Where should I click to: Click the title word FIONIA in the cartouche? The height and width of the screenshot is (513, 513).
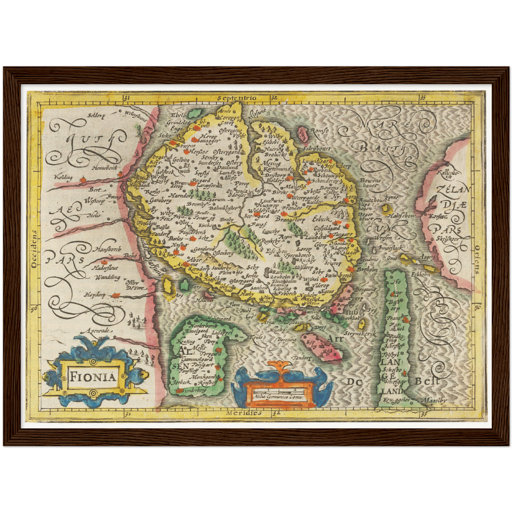93,376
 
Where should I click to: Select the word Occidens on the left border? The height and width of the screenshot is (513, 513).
34,249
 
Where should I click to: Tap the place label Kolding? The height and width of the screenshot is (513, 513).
63,177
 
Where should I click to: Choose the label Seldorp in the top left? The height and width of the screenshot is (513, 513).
97,115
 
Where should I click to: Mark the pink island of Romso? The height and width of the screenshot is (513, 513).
302,133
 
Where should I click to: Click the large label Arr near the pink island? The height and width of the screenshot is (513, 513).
335,339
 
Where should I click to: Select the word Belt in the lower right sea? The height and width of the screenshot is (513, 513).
427,382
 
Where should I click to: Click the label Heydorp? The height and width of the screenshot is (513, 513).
94,294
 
